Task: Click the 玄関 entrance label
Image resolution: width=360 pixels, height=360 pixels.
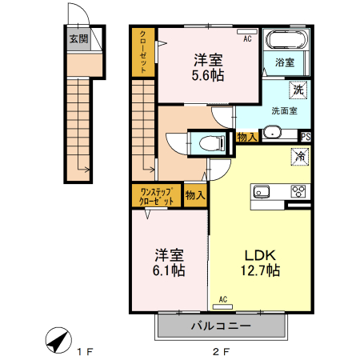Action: coord(78,38)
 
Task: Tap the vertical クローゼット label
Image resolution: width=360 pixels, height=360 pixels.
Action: coord(143,52)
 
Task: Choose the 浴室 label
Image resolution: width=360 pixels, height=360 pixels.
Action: coord(285,62)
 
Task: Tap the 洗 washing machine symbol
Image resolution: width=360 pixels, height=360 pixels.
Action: coord(298,90)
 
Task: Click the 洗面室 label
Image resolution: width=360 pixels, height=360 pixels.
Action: coord(284,110)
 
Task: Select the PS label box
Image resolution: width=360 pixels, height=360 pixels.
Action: coord(305,136)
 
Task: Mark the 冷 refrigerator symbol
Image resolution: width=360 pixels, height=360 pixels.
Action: coord(298,158)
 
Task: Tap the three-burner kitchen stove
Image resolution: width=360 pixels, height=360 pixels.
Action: coord(298,191)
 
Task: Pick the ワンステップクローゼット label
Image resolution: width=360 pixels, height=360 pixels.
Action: coord(157,196)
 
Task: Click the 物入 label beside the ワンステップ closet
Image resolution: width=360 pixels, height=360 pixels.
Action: coord(195,194)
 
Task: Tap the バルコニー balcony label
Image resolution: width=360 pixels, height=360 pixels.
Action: coord(221,326)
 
